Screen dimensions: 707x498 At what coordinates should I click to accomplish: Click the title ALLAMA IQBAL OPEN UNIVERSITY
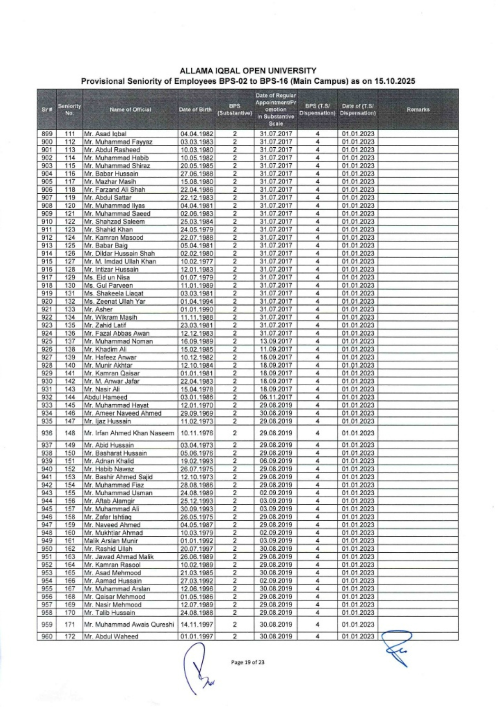click(x=248, y=71)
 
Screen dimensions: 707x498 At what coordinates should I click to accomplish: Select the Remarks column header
click(x=418, y=110)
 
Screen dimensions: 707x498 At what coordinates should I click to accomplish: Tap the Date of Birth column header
click(x=195, y=110)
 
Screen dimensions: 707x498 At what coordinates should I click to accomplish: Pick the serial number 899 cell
click(x=47, y=134)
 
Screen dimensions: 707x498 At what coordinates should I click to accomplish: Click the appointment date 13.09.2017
click(x=276, y=341)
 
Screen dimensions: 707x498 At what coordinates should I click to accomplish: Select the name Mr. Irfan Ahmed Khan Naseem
click(x=129, y=433)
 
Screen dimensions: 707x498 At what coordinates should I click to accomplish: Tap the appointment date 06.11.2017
click(x=276, y=397)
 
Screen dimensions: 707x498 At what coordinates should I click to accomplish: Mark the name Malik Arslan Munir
click(x=111, y=541)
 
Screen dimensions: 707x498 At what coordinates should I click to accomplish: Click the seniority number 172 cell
click(x=70, y=636)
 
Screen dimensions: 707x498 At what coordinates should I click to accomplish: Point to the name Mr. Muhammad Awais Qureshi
click(x=129, y=625)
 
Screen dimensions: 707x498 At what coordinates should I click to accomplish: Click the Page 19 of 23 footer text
click(x=248, y=662)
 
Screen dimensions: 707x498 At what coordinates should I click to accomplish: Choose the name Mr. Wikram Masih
click(x=110, y=317)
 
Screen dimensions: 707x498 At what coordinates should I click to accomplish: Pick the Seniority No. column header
click(x=69, y=110)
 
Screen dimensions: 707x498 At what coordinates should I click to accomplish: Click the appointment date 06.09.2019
click(x=276, y=461)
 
